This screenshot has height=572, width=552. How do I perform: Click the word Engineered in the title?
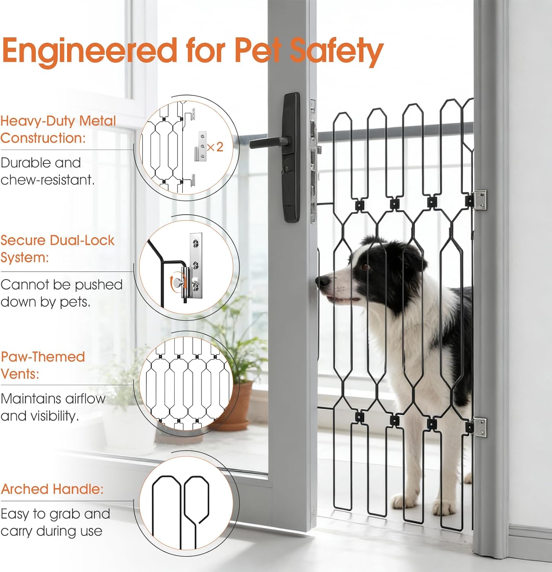click(89, 50)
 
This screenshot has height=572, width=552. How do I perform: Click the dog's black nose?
click(324, 281)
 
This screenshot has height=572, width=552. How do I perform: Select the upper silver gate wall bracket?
click(479, 200)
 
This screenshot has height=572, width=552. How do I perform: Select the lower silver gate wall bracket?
click(479, 427)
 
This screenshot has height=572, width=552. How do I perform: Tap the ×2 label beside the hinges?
click(215, 146)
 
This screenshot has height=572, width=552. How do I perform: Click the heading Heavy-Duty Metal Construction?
click(58, 129)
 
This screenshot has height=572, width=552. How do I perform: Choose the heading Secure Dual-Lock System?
click(57, 248)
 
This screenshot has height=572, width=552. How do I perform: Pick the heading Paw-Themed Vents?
click(43, 365)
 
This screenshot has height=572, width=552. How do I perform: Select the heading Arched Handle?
click(52, 489)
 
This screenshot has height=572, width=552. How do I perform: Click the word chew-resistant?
click(47, 180)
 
